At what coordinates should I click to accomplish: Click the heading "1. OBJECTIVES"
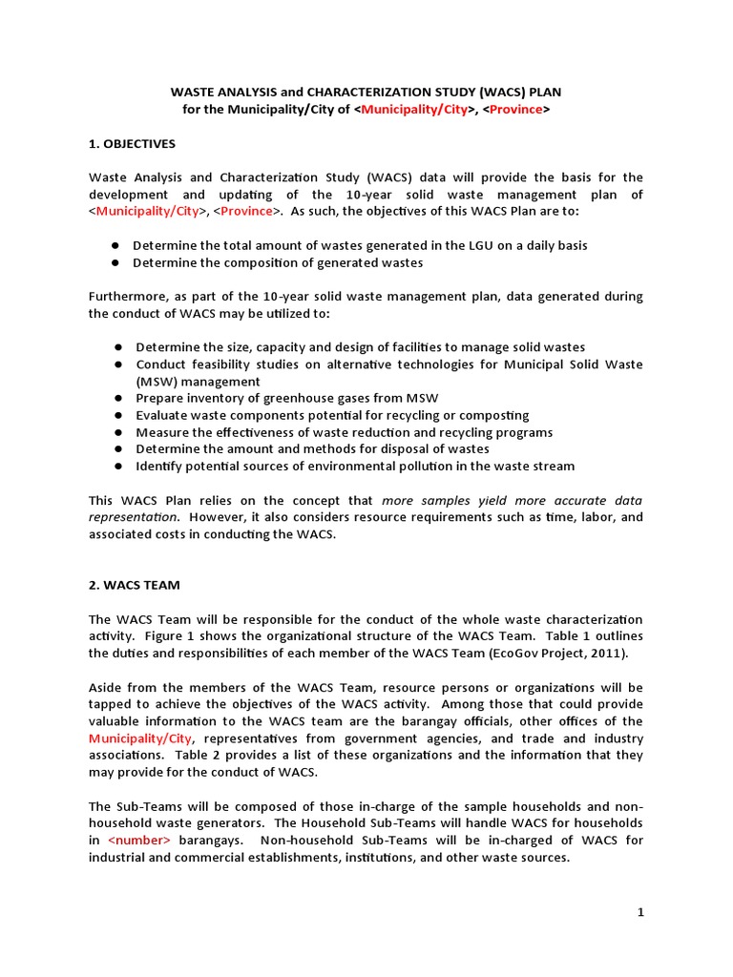[x=133, y=144]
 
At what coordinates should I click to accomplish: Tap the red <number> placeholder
[x=139, y=841]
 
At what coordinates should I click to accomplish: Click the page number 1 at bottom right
[x=641, y=912]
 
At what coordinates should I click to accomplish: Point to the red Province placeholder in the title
[x=515, y=110]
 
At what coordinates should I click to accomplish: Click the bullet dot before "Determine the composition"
[x=114, y=262]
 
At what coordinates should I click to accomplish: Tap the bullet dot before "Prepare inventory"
[x=118, y=398]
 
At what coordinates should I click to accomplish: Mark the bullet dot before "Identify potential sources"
[x=118, y=466]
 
